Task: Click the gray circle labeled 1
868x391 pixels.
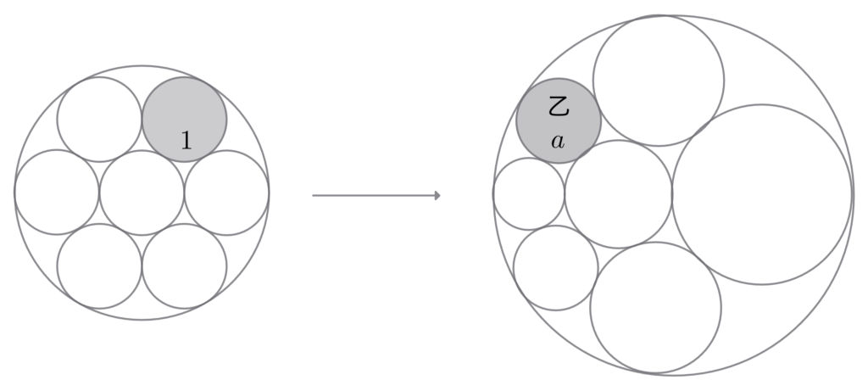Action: point(184,119)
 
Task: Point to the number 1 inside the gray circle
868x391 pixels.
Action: point(186,141)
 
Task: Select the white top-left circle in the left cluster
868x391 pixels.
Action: point(99,119)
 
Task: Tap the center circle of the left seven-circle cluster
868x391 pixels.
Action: point(142,193)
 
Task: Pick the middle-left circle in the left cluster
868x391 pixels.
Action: point(57,193)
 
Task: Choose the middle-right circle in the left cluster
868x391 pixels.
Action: point(227,193)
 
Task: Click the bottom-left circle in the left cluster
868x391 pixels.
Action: point(99,266)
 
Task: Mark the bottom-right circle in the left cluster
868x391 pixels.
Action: point(184,266)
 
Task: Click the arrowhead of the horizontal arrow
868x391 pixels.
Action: point(438,195)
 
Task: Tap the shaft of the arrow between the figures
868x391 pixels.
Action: point(374,195)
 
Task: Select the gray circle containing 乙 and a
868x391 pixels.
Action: point(559,120)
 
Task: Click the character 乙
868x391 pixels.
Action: point(559,106)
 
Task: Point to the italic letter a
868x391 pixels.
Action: point(558,142)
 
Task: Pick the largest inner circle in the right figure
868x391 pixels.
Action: point(762,194)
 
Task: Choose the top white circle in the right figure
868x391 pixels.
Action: point(659,81)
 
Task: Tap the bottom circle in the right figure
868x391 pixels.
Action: point(656,307)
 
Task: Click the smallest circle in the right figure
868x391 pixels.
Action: point(529,194)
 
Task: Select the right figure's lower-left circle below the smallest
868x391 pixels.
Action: point(556,268)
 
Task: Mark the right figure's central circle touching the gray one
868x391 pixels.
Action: point(618,194)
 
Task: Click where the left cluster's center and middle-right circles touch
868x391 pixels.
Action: point(184,193)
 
